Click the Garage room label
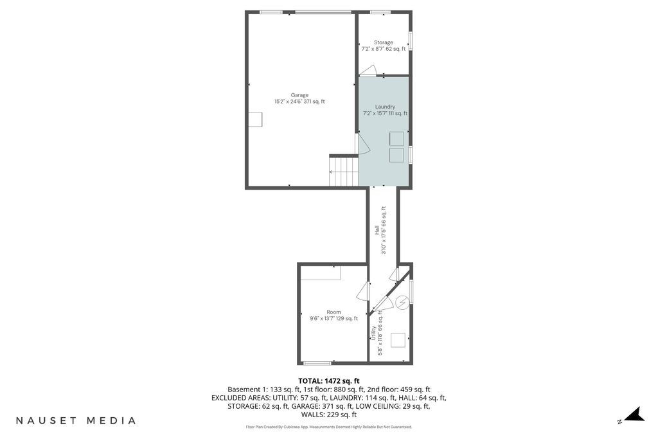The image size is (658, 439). click(x=299, y=95)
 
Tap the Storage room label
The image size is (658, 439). click(x=384, y=42)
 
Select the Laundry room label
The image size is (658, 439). click(x=385, y=107)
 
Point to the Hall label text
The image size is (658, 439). click(x=377, y=230)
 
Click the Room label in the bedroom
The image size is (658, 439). click(x=334, y=312)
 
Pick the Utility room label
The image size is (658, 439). click(x=373, y=333)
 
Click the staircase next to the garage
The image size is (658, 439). click(x=344, y=170)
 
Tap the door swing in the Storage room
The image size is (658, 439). click(x=368, y=71)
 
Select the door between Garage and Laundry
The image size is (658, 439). click(x=362, y=144)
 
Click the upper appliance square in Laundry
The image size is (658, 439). click(x=396, y=139)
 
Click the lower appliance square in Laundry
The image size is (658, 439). click(x=396, y=155)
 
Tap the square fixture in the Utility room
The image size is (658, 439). click(x=398, y=340)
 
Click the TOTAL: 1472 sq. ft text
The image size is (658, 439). click(x=329, y=381)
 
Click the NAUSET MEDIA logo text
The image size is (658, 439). click(x=76, y=420)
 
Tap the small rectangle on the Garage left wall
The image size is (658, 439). click(x=255, y=120)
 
